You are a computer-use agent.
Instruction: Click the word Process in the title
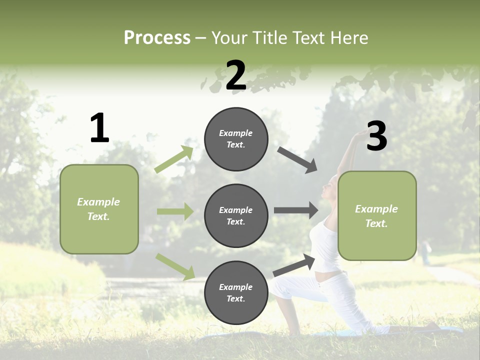157,38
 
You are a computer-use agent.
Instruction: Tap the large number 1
99,128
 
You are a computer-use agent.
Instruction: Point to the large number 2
236,75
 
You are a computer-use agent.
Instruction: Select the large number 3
376,136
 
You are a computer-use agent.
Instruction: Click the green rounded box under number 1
99,209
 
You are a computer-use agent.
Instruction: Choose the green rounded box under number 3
377,215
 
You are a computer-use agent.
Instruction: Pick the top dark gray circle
236,139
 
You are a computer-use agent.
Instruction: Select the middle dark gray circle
236,215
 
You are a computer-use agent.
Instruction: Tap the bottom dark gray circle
236,292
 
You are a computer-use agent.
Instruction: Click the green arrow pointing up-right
174,159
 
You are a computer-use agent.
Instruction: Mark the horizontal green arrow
175,211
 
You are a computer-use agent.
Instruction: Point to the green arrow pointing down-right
175,266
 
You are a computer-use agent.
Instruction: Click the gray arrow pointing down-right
297,160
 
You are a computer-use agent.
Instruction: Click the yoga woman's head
330,187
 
